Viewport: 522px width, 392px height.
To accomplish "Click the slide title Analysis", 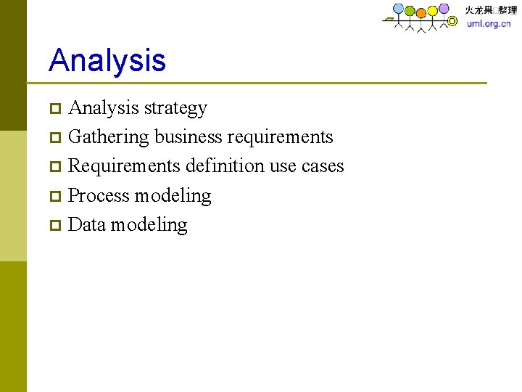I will pyautogui.click(x=107, y=60).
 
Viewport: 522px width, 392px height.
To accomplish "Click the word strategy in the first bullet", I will pyautogui.click(x=175, y=108).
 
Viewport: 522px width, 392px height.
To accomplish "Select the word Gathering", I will pyautogui.click(x=108, y=137).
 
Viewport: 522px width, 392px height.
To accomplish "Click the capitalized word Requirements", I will pyautogui.click(x=124, y=166).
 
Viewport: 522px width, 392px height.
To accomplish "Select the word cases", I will pyautogui.click(x=322, y=166).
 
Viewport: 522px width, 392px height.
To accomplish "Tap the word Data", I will pyautogui.click(x=87, y=224).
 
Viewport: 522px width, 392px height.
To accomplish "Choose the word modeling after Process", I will pyautogui.click(x=173, y=196).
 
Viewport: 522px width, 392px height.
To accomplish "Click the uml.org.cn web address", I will pyautogui.click(x=489, y=23).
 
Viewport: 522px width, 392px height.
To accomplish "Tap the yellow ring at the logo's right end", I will pyautogui.click(x=452, y=22).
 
